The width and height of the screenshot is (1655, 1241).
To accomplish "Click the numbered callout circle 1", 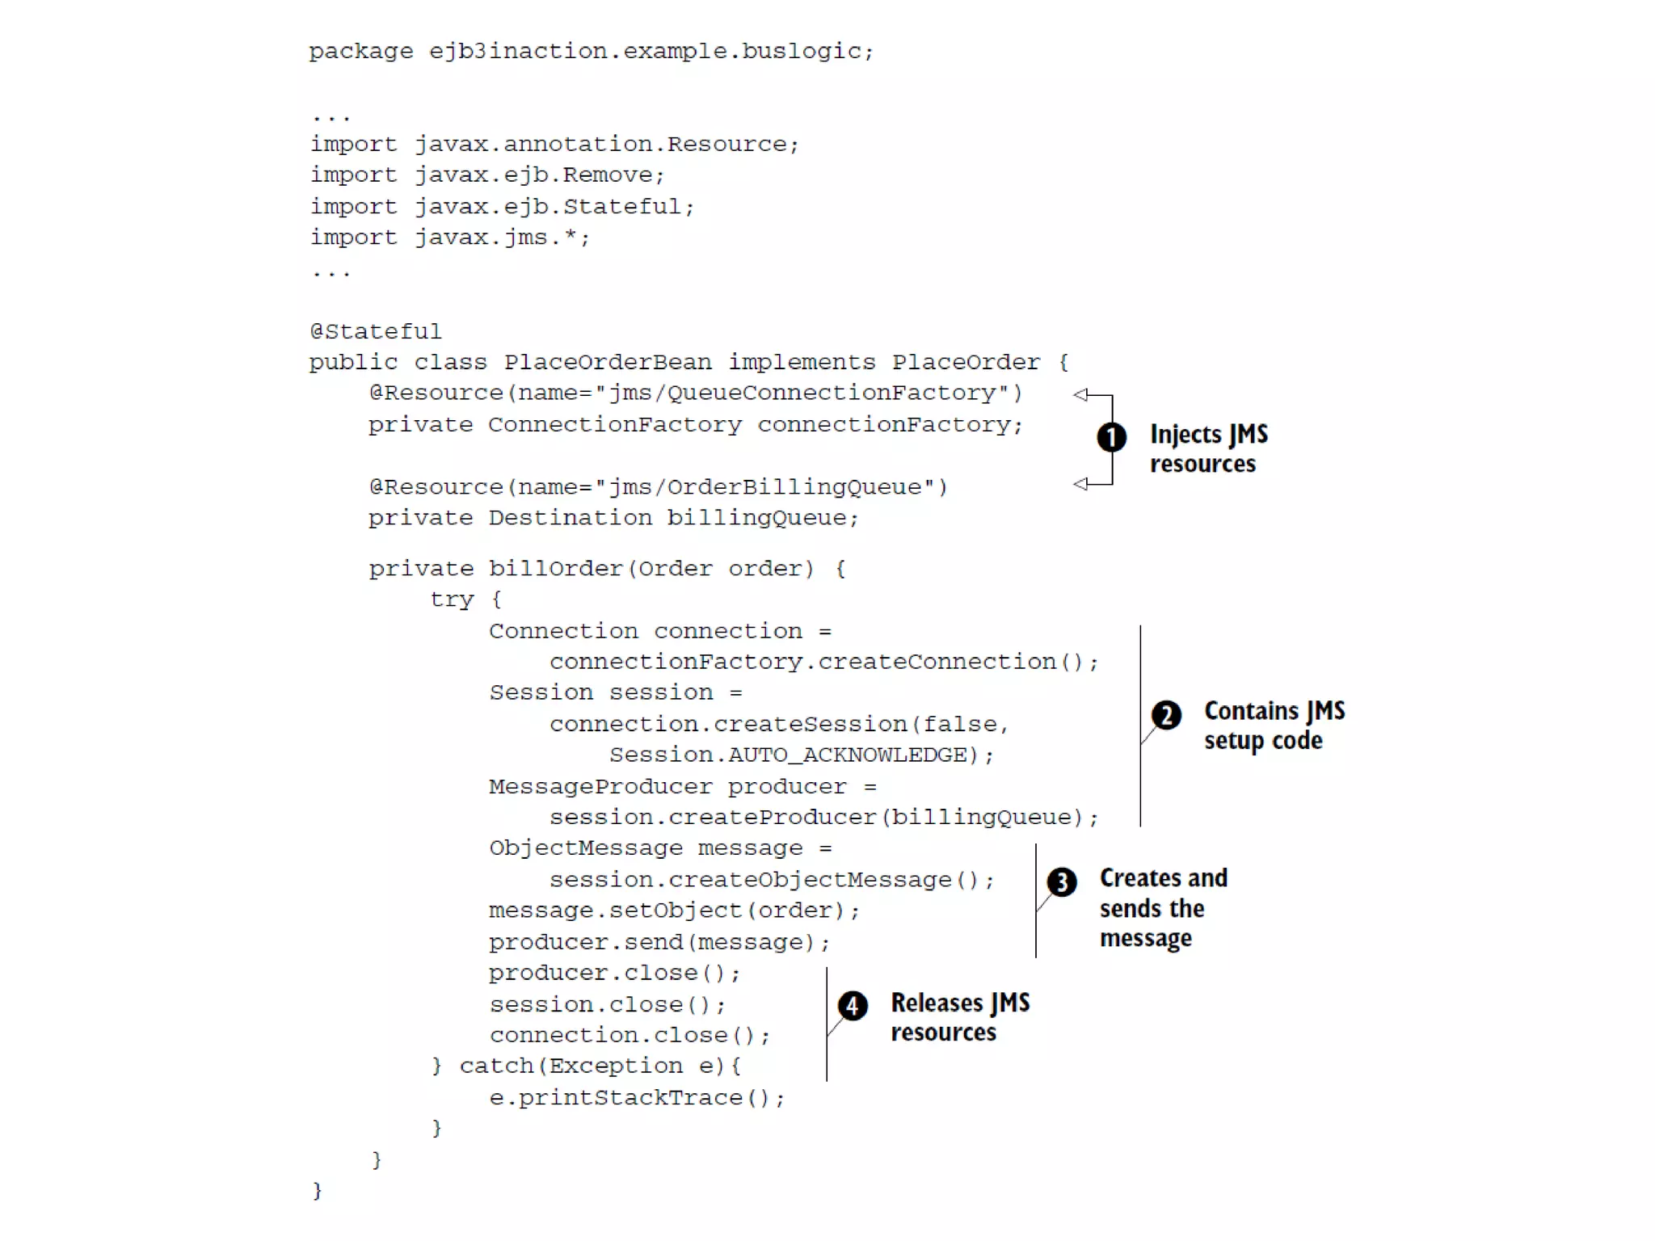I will tap(1111, 437).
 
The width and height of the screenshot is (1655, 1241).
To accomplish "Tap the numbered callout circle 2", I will tap(1166, 715).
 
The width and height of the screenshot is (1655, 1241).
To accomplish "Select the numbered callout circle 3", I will tap(1062, 881).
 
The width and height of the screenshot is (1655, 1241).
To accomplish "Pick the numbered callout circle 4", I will tap(853, 1006).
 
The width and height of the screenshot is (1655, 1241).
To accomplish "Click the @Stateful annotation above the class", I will tap(376, 332).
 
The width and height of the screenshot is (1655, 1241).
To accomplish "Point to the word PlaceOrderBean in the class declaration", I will tap(608, 362).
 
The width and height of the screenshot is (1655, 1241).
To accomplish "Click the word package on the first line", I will tap(361, 52).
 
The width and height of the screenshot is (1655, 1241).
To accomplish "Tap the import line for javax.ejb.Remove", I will tap(487, 175).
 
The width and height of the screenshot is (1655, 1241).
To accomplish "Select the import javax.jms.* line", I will tap(450, 238).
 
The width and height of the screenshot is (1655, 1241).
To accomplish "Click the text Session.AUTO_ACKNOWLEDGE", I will tap(789, 755).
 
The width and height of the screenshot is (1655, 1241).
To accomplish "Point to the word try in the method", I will tap(452, 599).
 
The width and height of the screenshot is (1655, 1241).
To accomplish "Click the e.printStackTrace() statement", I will tap(637, 1098).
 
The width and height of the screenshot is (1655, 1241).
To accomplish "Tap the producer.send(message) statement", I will tap(659, 942).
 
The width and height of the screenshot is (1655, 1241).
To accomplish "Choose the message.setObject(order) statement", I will tap(674, 911).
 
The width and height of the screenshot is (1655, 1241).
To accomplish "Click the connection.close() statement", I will tap(630, 1036).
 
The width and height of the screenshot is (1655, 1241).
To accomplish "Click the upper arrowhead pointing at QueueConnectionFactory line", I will tap(1080, 394).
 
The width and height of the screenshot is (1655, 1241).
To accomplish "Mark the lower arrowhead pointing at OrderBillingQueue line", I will tap(1080, 484).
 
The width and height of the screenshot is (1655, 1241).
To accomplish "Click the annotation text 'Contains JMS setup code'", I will tap(1274, 726).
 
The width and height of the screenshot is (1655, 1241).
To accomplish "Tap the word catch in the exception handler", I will tap(496, 1066).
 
